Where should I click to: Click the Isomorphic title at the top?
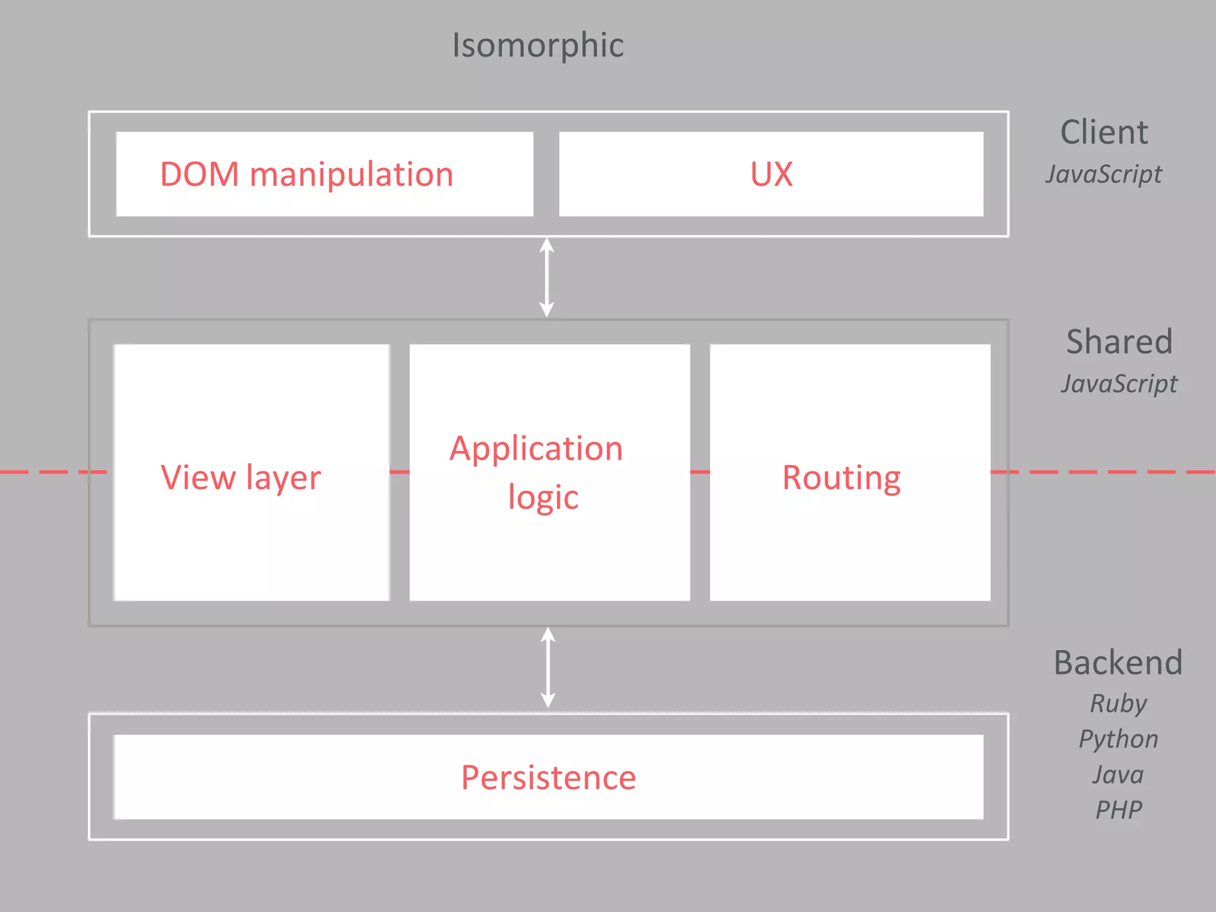click(x=538, y=45)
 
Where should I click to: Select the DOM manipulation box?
click(x=324, y=174)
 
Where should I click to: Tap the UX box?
click(x=771, y=174)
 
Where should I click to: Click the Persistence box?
click(x=548, y=777)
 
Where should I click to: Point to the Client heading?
click(x=1104, y=132)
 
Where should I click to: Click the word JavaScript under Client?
click(x=1104, y=175)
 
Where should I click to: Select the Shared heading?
click(x=1119, y=341)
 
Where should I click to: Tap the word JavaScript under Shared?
click(x=1119, y=384)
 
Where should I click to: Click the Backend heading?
click(x=1118, y=662)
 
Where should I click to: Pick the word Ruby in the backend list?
click(x=1118, y=704)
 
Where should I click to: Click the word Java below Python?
click(x=1118, y=775)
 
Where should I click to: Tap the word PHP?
click(x=1118, y=810)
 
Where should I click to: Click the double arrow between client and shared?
click(x=547, y=277)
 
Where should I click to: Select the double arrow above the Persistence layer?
click(x=548, y=667)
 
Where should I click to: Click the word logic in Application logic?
click(x=543, y=498)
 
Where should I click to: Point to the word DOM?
click(x=199, y=175)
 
